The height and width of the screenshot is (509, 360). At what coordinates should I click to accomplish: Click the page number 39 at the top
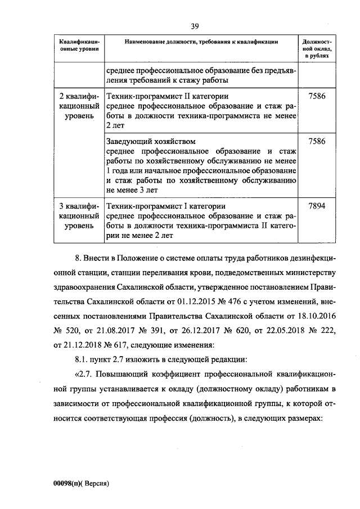(195, 26)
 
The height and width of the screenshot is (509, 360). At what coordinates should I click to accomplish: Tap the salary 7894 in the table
(317, 206)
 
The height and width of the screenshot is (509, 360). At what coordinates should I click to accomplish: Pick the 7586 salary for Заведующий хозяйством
(317, 141)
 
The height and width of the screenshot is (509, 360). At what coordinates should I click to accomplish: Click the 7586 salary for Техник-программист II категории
(317, 97)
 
